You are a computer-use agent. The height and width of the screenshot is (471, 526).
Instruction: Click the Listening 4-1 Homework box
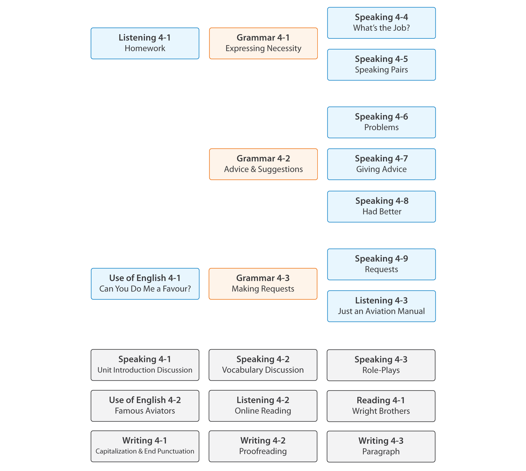(x=145, y=43)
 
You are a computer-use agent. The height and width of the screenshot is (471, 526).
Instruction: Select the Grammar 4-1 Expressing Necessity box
(x=263, y=43)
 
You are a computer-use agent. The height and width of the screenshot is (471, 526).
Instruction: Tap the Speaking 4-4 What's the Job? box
(x=381, y=23)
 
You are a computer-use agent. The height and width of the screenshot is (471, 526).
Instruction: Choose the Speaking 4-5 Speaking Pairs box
(x=381, y=65)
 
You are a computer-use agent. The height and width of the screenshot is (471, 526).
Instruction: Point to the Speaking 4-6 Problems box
(x=381, y=122)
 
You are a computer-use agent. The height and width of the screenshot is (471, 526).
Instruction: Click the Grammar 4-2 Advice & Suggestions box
(x=263, y=164)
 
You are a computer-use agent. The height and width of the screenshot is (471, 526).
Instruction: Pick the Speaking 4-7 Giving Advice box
(x=381, y=164)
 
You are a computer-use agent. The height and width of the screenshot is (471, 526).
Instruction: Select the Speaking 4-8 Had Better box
(x=381, y=206)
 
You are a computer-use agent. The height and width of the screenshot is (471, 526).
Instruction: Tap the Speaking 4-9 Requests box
(x=381, y=264)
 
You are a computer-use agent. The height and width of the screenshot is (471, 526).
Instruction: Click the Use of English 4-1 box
(x=145, y=284)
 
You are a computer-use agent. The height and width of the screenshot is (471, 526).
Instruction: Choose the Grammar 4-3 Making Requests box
(x=263, y=284)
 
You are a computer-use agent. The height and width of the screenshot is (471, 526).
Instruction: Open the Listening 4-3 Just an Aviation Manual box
(x=381, y=306)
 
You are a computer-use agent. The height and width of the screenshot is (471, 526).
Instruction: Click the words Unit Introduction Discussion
(x=145, y=370)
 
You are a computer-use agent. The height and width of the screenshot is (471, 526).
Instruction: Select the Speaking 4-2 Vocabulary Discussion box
(x=263, y=365)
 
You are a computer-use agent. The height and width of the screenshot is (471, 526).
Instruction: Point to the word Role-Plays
(x=381, y=370)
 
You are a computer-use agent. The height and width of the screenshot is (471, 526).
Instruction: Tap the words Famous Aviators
(x=145, y=411)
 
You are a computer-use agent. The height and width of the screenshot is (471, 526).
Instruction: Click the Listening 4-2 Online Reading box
(x=263, y=406)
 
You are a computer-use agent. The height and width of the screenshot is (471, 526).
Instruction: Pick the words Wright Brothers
(x=381, y=411)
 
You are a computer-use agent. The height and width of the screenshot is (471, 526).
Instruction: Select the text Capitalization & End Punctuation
(x=145, y=451)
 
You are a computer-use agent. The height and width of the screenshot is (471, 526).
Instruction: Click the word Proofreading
(x=263, y=451)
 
